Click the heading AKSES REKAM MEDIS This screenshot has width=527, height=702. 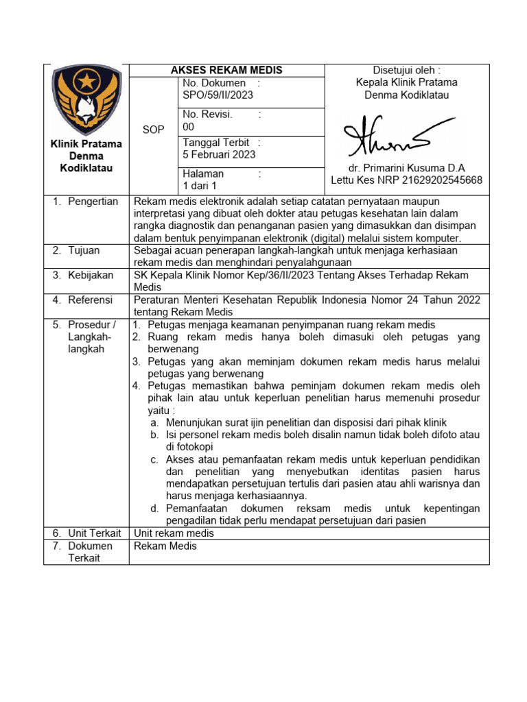point(226,70)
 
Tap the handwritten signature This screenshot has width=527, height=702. point(388,138)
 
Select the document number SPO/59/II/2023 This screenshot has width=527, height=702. point(217,95)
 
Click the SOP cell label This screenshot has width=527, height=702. point(153,130)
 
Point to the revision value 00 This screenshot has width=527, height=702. point(189,126)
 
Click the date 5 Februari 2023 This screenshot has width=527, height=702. point(219,154)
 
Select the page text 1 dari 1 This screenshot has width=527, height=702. point(200,186)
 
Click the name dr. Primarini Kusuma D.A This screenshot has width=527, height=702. point(406,168)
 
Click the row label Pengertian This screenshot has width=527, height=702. point(93,202)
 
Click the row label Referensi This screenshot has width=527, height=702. point(91,300)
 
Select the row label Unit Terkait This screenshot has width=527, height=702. point(94,533)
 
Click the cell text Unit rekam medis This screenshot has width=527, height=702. point(174,533)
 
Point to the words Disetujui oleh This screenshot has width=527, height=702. point(406,70)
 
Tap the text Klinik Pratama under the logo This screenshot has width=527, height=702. point(86,144)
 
